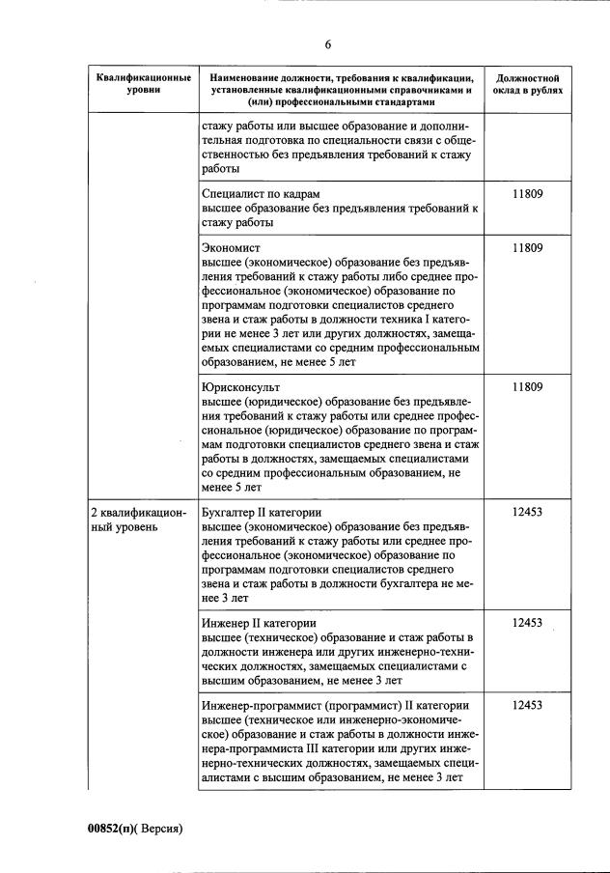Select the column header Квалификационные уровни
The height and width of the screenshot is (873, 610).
tap(143, 82)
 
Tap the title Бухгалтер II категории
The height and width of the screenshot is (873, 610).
tap(261, 512)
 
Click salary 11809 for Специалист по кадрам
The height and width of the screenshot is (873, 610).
tap(527, 193)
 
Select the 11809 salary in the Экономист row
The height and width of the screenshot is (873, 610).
tap(527, 247)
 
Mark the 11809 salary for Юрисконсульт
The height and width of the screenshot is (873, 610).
tap(527, 386)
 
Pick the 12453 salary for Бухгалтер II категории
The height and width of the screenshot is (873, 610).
tap(527, 512)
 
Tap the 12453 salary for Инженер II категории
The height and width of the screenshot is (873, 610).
tap(527, 623)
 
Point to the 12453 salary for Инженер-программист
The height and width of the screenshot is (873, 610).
tap(527, 705)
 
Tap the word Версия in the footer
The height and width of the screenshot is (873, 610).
tap(160, 829)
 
